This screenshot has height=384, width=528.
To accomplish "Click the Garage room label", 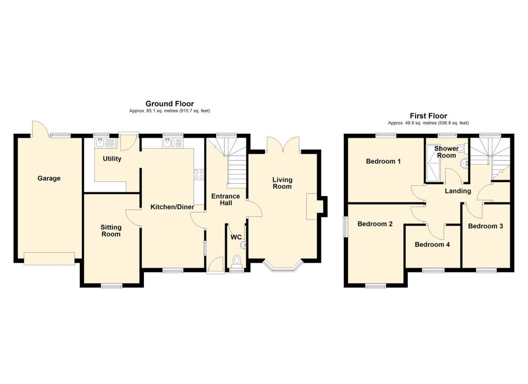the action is pos(49,179).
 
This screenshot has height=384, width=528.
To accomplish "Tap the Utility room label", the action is pos(112,158).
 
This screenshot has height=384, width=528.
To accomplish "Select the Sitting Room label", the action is pos(111,231).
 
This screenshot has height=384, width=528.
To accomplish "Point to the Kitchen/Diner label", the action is pos(172,207).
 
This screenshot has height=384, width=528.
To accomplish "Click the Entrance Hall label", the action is pos(226,200).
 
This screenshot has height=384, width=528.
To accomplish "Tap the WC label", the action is pos(236,237).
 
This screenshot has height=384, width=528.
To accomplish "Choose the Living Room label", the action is pos(282,183).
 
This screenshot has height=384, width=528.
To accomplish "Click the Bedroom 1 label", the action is pos(383,161).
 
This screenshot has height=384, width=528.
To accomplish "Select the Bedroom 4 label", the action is pos(432,245).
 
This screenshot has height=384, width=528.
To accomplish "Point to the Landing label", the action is pos(458,191).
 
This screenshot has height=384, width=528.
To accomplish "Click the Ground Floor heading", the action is pos(170,104).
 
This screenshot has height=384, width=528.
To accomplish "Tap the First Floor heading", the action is pos(428,116).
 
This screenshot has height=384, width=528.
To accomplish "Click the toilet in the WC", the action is pos(237,261).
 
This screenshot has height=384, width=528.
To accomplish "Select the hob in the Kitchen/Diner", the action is pos(199,174).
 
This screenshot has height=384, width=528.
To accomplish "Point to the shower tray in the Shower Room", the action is pos(433,163).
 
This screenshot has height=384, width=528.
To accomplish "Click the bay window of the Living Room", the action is pos(283,267).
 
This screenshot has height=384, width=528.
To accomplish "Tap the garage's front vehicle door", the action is pos(49,259).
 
